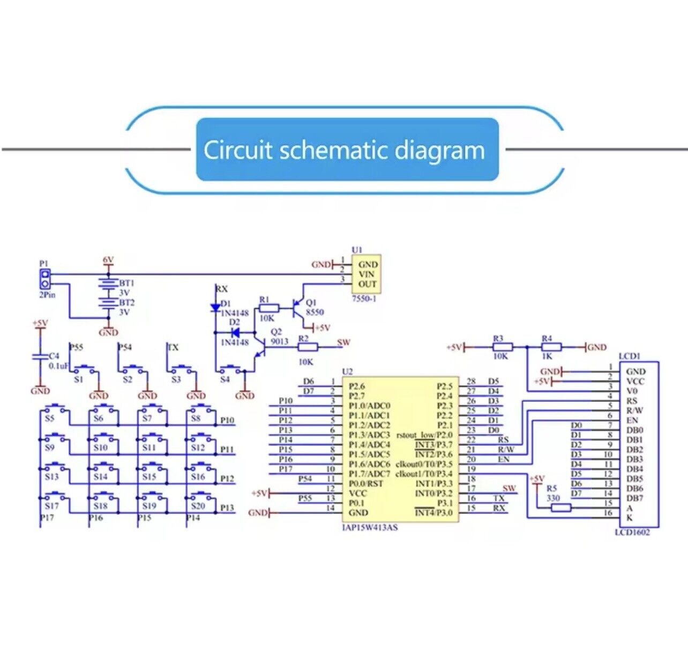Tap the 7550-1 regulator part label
click(364, 298)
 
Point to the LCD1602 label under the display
click(632, 532)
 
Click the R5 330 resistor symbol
click(560, 507)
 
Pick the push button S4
click(231, 369)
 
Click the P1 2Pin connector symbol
click(45, 279)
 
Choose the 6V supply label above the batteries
click(108, 260)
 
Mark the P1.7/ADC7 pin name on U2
click(369, 474)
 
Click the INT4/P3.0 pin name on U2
click(434, 513)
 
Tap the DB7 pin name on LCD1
click(635, 498)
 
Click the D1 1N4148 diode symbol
click(215, 308)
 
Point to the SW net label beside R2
click(343, 342)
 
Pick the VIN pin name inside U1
click(367, 274)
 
